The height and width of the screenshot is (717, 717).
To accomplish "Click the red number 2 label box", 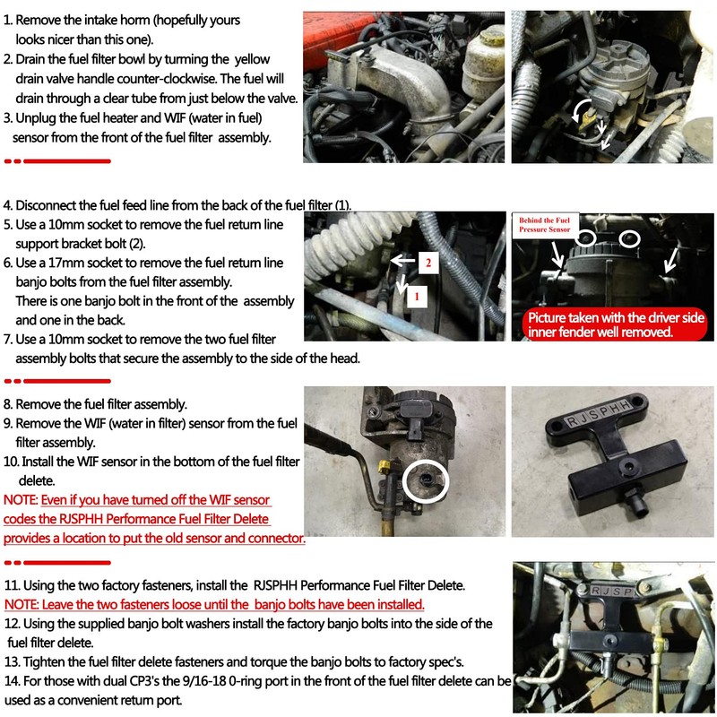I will click(x=428, y=263).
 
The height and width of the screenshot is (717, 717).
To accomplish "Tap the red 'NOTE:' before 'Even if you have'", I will click(x=21, y=499).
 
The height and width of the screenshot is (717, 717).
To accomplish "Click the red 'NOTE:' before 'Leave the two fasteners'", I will click(x=21, y=605).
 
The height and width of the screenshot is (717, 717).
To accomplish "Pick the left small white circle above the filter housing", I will click(x=588, y=238).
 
